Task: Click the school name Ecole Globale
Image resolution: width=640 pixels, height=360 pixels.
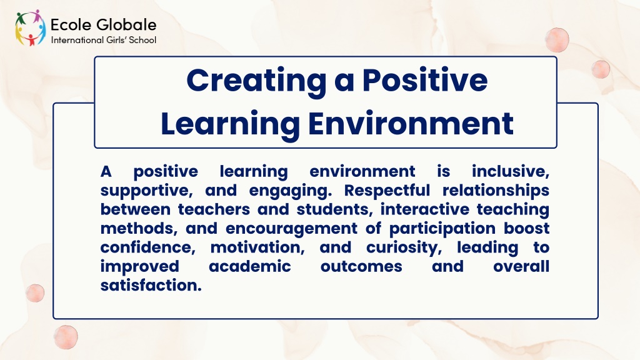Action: (103, 25)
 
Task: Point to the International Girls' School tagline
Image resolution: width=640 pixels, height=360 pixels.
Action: (103, 40)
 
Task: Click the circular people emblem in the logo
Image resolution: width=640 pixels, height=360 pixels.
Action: (30, 27)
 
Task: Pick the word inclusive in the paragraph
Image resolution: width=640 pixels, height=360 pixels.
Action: (510, 171)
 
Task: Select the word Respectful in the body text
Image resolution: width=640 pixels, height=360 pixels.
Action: (387, 191)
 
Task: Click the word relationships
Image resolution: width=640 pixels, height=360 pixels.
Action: (496, 191)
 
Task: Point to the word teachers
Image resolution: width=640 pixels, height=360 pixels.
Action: (215, 209)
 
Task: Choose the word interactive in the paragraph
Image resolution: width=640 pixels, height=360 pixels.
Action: (425, 209)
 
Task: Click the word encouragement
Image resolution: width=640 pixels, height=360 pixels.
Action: (291, 229)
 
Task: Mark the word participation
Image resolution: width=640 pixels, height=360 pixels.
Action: (442, 229)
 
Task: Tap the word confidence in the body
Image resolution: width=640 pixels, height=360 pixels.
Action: (147, 247)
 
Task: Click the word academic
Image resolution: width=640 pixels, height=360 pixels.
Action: (250, 266)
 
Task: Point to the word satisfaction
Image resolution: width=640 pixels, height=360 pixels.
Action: (151, 285)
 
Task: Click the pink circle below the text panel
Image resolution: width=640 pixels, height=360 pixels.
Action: (66, 337)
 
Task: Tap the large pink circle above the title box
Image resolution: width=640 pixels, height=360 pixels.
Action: (557, 40)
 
